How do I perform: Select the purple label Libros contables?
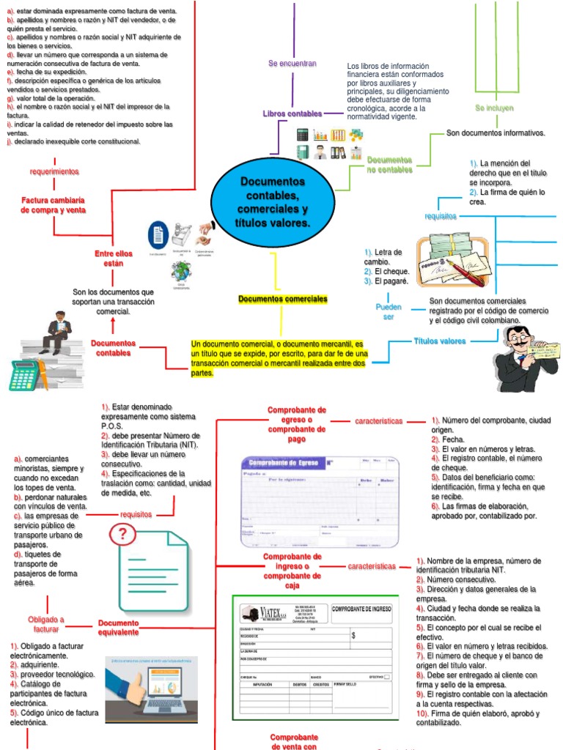(x=292, y=114)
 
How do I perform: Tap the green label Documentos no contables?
(x=389, y=165)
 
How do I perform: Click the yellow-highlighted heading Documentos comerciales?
(x=283, y=300)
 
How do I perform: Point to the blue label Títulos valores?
(x=440, y=341)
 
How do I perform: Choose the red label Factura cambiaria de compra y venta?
(x=54, y=205)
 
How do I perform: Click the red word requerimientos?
(x=54, y=171)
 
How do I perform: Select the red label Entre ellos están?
(x=113, y=258)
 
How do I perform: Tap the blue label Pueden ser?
(x=389, y=312)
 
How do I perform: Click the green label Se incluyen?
(x=493, y=108)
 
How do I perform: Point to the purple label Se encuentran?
(x=292, y=64)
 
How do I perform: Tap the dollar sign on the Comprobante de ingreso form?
(x=353, y=636)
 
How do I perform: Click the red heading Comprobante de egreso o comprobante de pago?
(x=297, y=425)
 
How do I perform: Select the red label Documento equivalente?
(x=118, y=628)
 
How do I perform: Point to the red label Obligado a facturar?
(x=46, y=624)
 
